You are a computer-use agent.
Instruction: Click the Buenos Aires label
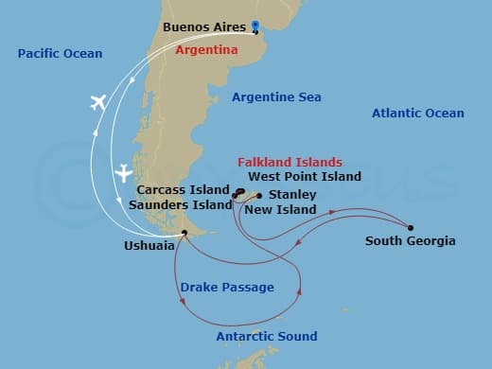[x=204, y=27]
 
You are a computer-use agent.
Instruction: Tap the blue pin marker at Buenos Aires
[x=255, y=27]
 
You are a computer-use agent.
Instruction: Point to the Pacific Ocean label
[x=60, y=54]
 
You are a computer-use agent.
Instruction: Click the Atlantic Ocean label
[x=417, y=114]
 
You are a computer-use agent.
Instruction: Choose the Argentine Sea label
[x=276, y=97]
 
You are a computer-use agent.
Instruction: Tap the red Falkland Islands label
[x=290, y=163]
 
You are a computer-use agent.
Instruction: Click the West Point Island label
[x=305, y=176]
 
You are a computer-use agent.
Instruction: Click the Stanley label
[x=286, y=195]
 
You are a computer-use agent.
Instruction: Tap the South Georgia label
[x=410, y=241]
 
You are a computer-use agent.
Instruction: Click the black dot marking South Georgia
[x=410, y=227]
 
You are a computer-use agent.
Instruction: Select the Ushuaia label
[x=149, y=245]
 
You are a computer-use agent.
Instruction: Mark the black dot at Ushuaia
[x=184, y=232]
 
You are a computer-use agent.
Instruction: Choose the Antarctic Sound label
[x=266, y=336]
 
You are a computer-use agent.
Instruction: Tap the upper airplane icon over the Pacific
[x=97, y=102]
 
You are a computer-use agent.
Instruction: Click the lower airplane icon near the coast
[x=123, y=173]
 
